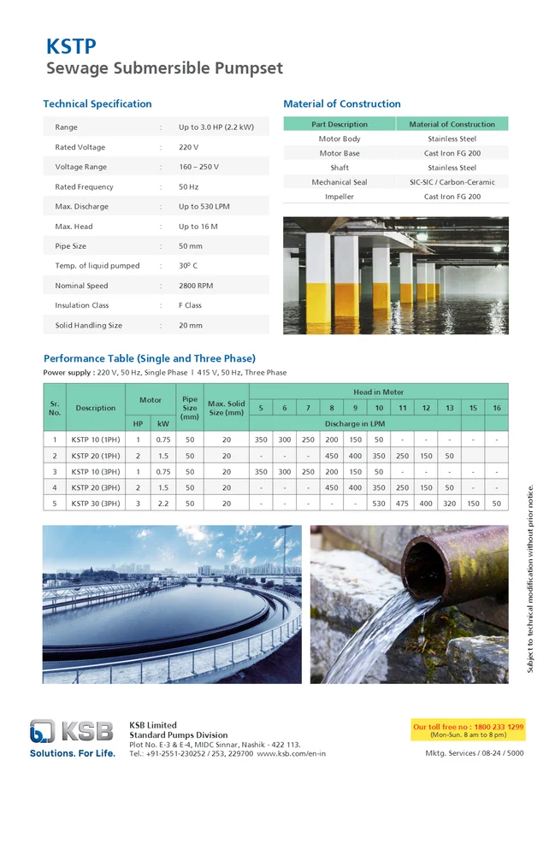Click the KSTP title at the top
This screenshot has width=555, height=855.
click(x=71, y=46)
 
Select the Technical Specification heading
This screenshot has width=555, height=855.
click(x=97, y=104)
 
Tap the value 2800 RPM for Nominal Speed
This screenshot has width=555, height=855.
click(x=196, y=286)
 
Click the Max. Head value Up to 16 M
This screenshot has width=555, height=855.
click(x=198, y=227)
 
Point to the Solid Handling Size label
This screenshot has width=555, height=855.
click(x=88, y=326)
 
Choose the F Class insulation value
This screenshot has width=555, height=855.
click(x=190, y=305)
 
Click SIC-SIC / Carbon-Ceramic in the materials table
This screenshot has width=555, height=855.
click(x=452, y=182)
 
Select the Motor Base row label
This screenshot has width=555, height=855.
click(x=339, y=154)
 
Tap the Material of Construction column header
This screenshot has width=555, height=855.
click(x=452, y=124)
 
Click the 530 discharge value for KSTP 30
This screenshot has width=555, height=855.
click(x=379, y=504)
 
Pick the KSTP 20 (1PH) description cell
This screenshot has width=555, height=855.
click(x=95, y=456)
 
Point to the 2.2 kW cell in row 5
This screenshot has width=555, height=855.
click(x=163, y=504)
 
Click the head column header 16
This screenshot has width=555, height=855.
click(x=497, y=408)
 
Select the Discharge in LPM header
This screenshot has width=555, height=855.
click(x=379, y=423)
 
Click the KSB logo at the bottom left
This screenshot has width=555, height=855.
click(x=72, y=732)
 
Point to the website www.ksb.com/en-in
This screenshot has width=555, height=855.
click(x=291, y=753)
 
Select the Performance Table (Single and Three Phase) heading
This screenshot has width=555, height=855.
click(x=150, y=358)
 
